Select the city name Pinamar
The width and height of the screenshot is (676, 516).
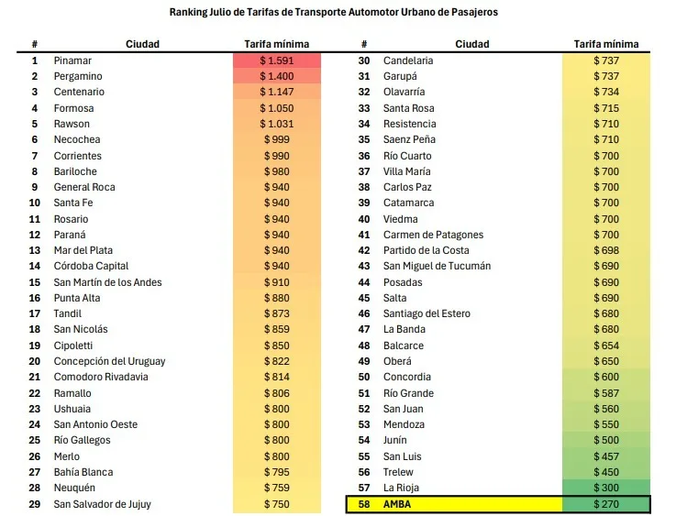click(72, 60)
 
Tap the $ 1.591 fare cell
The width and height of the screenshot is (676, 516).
click(276, 60)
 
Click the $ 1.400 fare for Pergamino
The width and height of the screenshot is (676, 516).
click(276, 76)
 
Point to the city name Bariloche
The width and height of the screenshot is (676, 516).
click(76, 171)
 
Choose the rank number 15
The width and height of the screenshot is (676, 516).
click(35, 282)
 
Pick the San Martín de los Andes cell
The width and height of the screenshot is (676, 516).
click(107, 282)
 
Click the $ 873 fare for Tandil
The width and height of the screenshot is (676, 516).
click(276, 313)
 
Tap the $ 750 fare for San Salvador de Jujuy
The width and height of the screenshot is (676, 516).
click(276, 504)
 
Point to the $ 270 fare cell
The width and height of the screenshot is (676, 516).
click(606, 504)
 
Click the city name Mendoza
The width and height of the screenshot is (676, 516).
click(404, 424)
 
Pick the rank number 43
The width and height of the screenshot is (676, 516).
click(364, 266)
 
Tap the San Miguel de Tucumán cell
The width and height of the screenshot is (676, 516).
click(437, 266)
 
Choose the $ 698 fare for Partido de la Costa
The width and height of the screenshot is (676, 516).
click(606, 250)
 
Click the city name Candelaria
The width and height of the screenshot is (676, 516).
click(408, 60)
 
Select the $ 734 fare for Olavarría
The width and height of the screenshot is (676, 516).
click(606, 92)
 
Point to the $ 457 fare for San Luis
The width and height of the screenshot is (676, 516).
click(606, 456)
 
